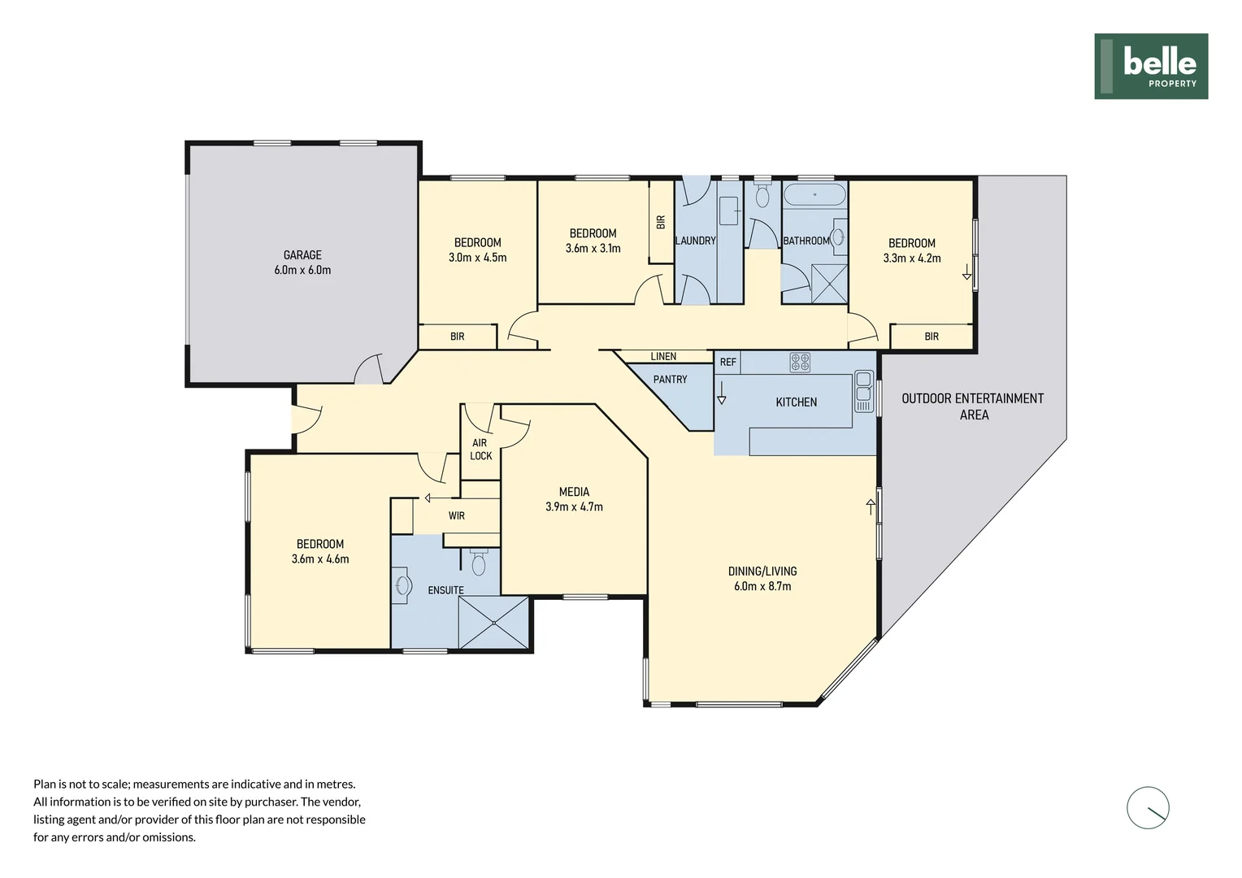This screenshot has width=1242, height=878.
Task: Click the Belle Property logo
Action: click(x=1151, y=66)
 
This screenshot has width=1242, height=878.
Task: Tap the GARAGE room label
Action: click(x=302, y=255)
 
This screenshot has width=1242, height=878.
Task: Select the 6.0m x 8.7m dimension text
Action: click(x=762, y=586)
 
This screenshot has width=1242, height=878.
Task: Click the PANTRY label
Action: click(x=670, y=380)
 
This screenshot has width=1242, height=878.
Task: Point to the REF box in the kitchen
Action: click(x=727, y=363)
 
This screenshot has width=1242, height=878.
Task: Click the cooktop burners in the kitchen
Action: click(x=800, y=363)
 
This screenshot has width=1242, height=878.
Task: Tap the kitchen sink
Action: click(x=863, y=391)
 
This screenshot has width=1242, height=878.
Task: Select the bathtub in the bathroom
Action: click(x=814, y=194)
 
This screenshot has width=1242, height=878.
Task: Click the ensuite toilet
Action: click(x=478, y=563)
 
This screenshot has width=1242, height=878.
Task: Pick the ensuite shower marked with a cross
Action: click(x=493, y=622)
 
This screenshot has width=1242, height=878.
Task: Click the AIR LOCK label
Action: click(x=480, y=450)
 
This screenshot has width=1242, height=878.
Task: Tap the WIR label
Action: click(x=456, y=515)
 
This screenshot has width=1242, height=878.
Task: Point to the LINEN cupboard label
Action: click(x=663, y=356)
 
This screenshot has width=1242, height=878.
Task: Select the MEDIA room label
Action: click(x=574, y=492)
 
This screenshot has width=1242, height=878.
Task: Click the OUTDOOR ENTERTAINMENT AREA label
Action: click(x=973, y=406)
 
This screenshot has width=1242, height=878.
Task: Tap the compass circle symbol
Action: click(x=1148, y=807)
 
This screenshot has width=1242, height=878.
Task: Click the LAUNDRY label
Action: click(x=695, y=241)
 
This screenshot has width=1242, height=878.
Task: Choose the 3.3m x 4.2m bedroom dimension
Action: click(x=911, y=258)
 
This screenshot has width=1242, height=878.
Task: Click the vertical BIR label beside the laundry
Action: click(x=660, y=223)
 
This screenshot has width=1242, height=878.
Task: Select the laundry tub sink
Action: click(x=729, y=211)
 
